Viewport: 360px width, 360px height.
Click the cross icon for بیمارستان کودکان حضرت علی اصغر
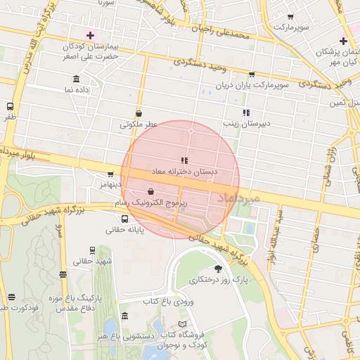click(x=90, y=35)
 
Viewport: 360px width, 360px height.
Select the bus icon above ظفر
click(x=9, y=106)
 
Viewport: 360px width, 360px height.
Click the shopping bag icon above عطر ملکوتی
click(x=139, y=112)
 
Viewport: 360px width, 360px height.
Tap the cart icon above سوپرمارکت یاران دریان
click(x=252, y=74)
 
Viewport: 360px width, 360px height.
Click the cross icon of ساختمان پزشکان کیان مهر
click(x=343, y=41)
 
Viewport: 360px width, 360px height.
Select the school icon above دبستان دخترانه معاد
click(x=184, y=160)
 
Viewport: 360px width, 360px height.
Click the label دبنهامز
click(x=110, y=184)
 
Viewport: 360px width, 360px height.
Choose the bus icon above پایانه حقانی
click(x=124, y=219)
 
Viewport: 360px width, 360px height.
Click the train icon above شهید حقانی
click(x=92, y=250)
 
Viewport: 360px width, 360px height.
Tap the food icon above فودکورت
click(x=10, y=297)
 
